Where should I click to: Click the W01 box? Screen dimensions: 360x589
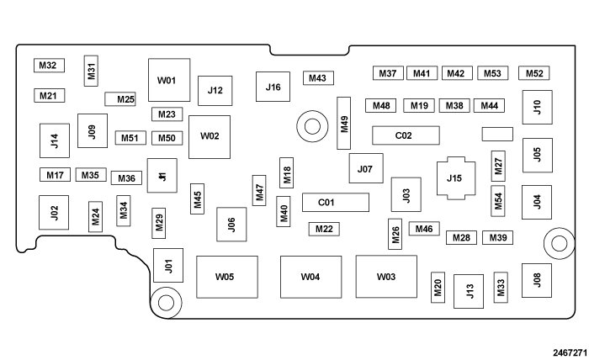(x=168, y=80)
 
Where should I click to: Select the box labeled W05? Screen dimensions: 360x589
(x=226, y=277)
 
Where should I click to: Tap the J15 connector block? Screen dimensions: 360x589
(x=454, y=177)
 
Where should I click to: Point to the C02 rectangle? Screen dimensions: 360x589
(x=404, y=135)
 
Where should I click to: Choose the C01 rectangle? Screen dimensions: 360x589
(x=326, y=203)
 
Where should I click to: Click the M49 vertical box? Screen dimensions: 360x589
(x=343, y=123)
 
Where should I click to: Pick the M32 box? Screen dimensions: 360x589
(x=48, y=66)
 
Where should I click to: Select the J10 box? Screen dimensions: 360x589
(x=537, y=107)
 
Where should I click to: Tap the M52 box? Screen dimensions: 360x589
(x=535, y=74)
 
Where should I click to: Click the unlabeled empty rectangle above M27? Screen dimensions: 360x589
(x=497, y=134)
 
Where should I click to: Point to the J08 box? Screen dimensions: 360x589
(x=537, y=280)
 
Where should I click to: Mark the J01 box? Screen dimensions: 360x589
(x=168, y=266)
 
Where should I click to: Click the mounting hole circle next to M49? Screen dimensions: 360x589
(x=312, y=127)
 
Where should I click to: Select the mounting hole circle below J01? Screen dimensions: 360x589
(x=166, y=300)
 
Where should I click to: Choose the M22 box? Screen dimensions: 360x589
(x=325, y=229)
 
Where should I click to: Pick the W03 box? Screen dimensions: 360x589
(x=386, y=277)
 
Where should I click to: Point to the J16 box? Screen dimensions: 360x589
(x=273, y=87)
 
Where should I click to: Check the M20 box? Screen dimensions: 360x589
(x=438, y=288)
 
